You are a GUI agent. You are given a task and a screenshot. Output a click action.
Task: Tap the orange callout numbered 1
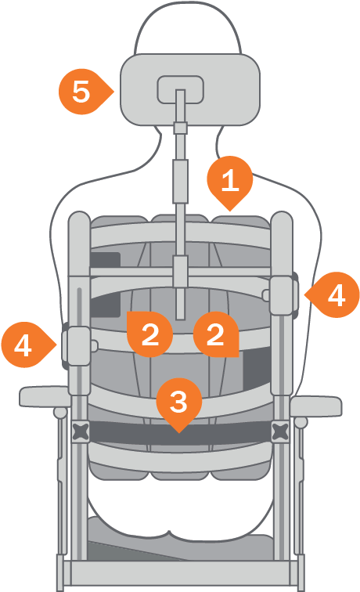(230, 180)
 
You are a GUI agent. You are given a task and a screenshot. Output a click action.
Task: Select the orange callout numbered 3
(179, 402)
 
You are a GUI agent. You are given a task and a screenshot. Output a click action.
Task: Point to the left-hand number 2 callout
(149, 334)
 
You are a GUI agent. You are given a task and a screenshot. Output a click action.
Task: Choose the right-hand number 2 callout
(216, 334)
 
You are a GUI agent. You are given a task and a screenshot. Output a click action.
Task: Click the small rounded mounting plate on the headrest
(180, 89)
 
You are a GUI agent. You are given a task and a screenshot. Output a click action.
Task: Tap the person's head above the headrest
(188, 28)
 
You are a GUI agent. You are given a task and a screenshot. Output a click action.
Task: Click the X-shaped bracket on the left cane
(81, 432)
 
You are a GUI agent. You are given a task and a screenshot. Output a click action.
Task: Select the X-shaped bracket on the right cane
(280, 432)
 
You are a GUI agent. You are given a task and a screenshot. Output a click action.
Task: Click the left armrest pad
(45, 396)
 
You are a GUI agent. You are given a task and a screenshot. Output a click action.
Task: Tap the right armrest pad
(316, 406)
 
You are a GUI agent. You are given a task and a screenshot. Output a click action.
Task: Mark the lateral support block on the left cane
(78, 346)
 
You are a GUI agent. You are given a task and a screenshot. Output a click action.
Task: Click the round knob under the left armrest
(59, 413)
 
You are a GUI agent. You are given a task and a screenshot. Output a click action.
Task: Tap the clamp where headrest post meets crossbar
(180, 271)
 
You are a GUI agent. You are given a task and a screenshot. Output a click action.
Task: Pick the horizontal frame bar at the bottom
(180, 573)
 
